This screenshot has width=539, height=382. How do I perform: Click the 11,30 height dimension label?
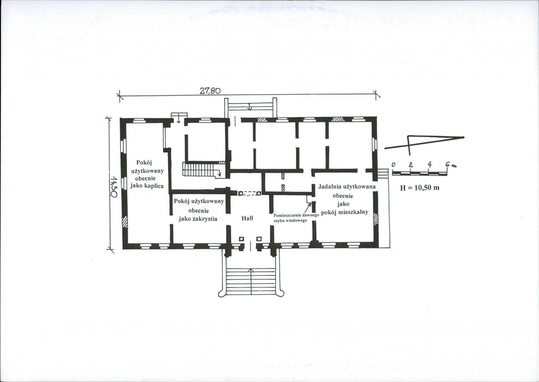114,188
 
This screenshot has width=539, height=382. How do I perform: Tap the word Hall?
247,218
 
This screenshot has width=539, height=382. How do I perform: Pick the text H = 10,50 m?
419,188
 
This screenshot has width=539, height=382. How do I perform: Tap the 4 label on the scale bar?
429,164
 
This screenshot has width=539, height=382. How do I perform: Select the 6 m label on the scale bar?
450,165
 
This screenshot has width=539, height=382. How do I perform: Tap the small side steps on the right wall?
382,173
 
